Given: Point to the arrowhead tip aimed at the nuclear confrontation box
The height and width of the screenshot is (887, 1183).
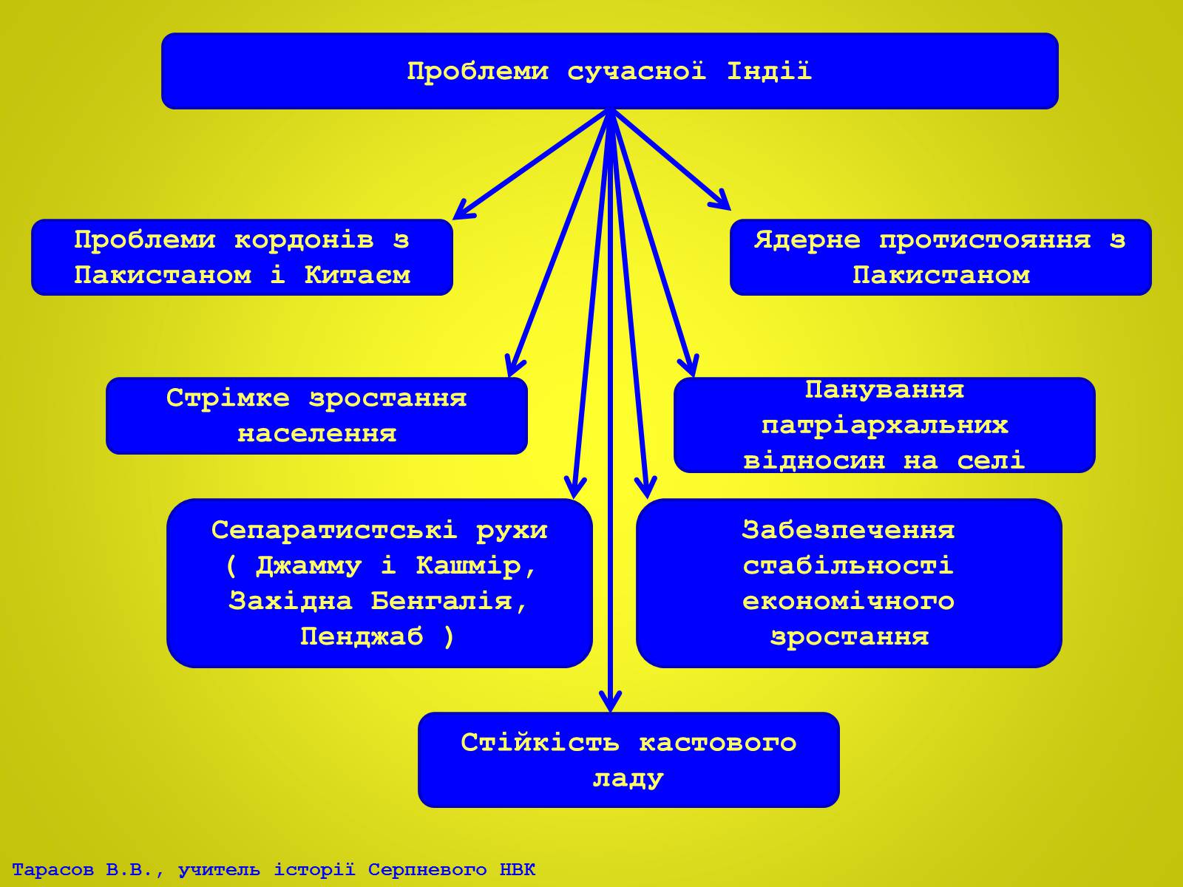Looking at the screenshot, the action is (x=731, y=209).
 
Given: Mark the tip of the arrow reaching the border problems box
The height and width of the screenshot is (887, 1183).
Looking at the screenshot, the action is (x=452, y=220).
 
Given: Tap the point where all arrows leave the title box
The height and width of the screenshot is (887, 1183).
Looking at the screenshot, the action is (x=609, y=109).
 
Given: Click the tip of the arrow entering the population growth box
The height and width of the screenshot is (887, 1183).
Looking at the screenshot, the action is (x=509, y=376).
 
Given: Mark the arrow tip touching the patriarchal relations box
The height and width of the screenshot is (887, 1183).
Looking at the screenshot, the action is (x=694, y=376).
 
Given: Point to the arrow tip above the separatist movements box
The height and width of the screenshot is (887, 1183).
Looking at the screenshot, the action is (x=574, y=498).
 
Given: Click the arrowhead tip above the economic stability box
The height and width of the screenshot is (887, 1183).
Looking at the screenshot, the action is (x=646, y=498).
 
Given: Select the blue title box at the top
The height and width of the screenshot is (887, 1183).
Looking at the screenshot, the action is (x=609, y=71).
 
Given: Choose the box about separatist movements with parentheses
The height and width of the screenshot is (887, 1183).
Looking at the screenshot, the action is (x=379, y=583).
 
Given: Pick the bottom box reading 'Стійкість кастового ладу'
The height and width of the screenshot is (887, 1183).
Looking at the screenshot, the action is (x=628, y=759).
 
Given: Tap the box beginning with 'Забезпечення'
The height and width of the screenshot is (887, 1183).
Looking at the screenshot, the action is (x=849, y=583).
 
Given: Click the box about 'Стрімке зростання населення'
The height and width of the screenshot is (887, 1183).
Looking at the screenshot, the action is (x=316, y=415).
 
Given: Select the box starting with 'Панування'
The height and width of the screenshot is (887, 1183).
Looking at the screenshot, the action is (x=884, y=425).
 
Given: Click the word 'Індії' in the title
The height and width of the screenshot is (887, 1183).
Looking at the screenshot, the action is (x=769, y=71).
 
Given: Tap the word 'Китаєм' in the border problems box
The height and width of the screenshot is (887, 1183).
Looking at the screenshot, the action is (x=357, y=275).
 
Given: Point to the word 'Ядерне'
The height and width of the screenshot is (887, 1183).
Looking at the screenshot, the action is (x=807, y=240).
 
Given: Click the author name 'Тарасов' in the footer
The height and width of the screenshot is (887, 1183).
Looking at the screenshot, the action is (x=52, y=869).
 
